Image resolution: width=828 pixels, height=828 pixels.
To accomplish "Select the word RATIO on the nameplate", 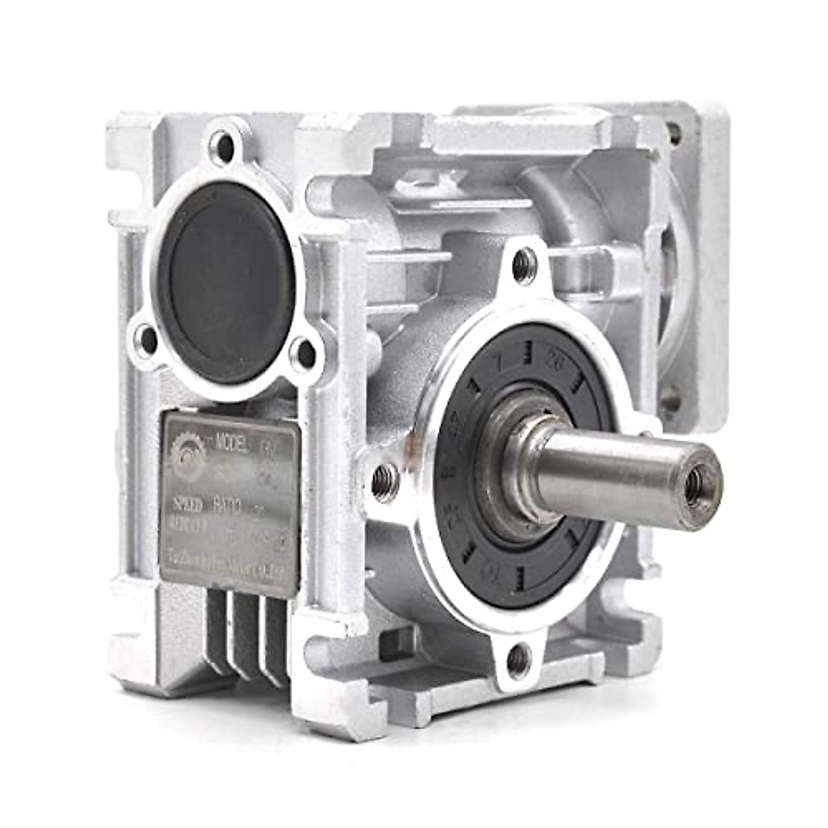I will (x=226, y=509).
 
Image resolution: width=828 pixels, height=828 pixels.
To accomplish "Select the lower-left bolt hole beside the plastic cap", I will (x=147, y=337).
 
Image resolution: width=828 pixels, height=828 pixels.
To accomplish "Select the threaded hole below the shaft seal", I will (x=519, y=660).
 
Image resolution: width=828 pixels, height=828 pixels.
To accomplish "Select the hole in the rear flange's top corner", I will (x=673, y=131).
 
